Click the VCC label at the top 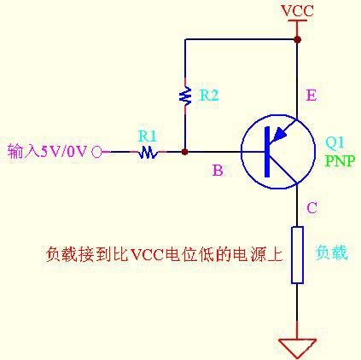pos(297,10)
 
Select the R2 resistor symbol pos(184,96)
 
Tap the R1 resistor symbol pos(148,152)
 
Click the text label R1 pos(148,135)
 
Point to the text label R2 pos(209,96)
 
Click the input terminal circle pos(96,152)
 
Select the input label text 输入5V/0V pos(48,152)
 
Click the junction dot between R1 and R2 pos(184,152)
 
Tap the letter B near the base pos(218,171)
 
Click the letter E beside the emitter pos(311,96)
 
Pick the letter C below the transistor pos(312,207)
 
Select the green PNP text pos(339,160)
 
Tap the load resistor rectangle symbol pos(297,254)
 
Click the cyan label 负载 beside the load pos(332,253)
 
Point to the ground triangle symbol pos(297,347)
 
